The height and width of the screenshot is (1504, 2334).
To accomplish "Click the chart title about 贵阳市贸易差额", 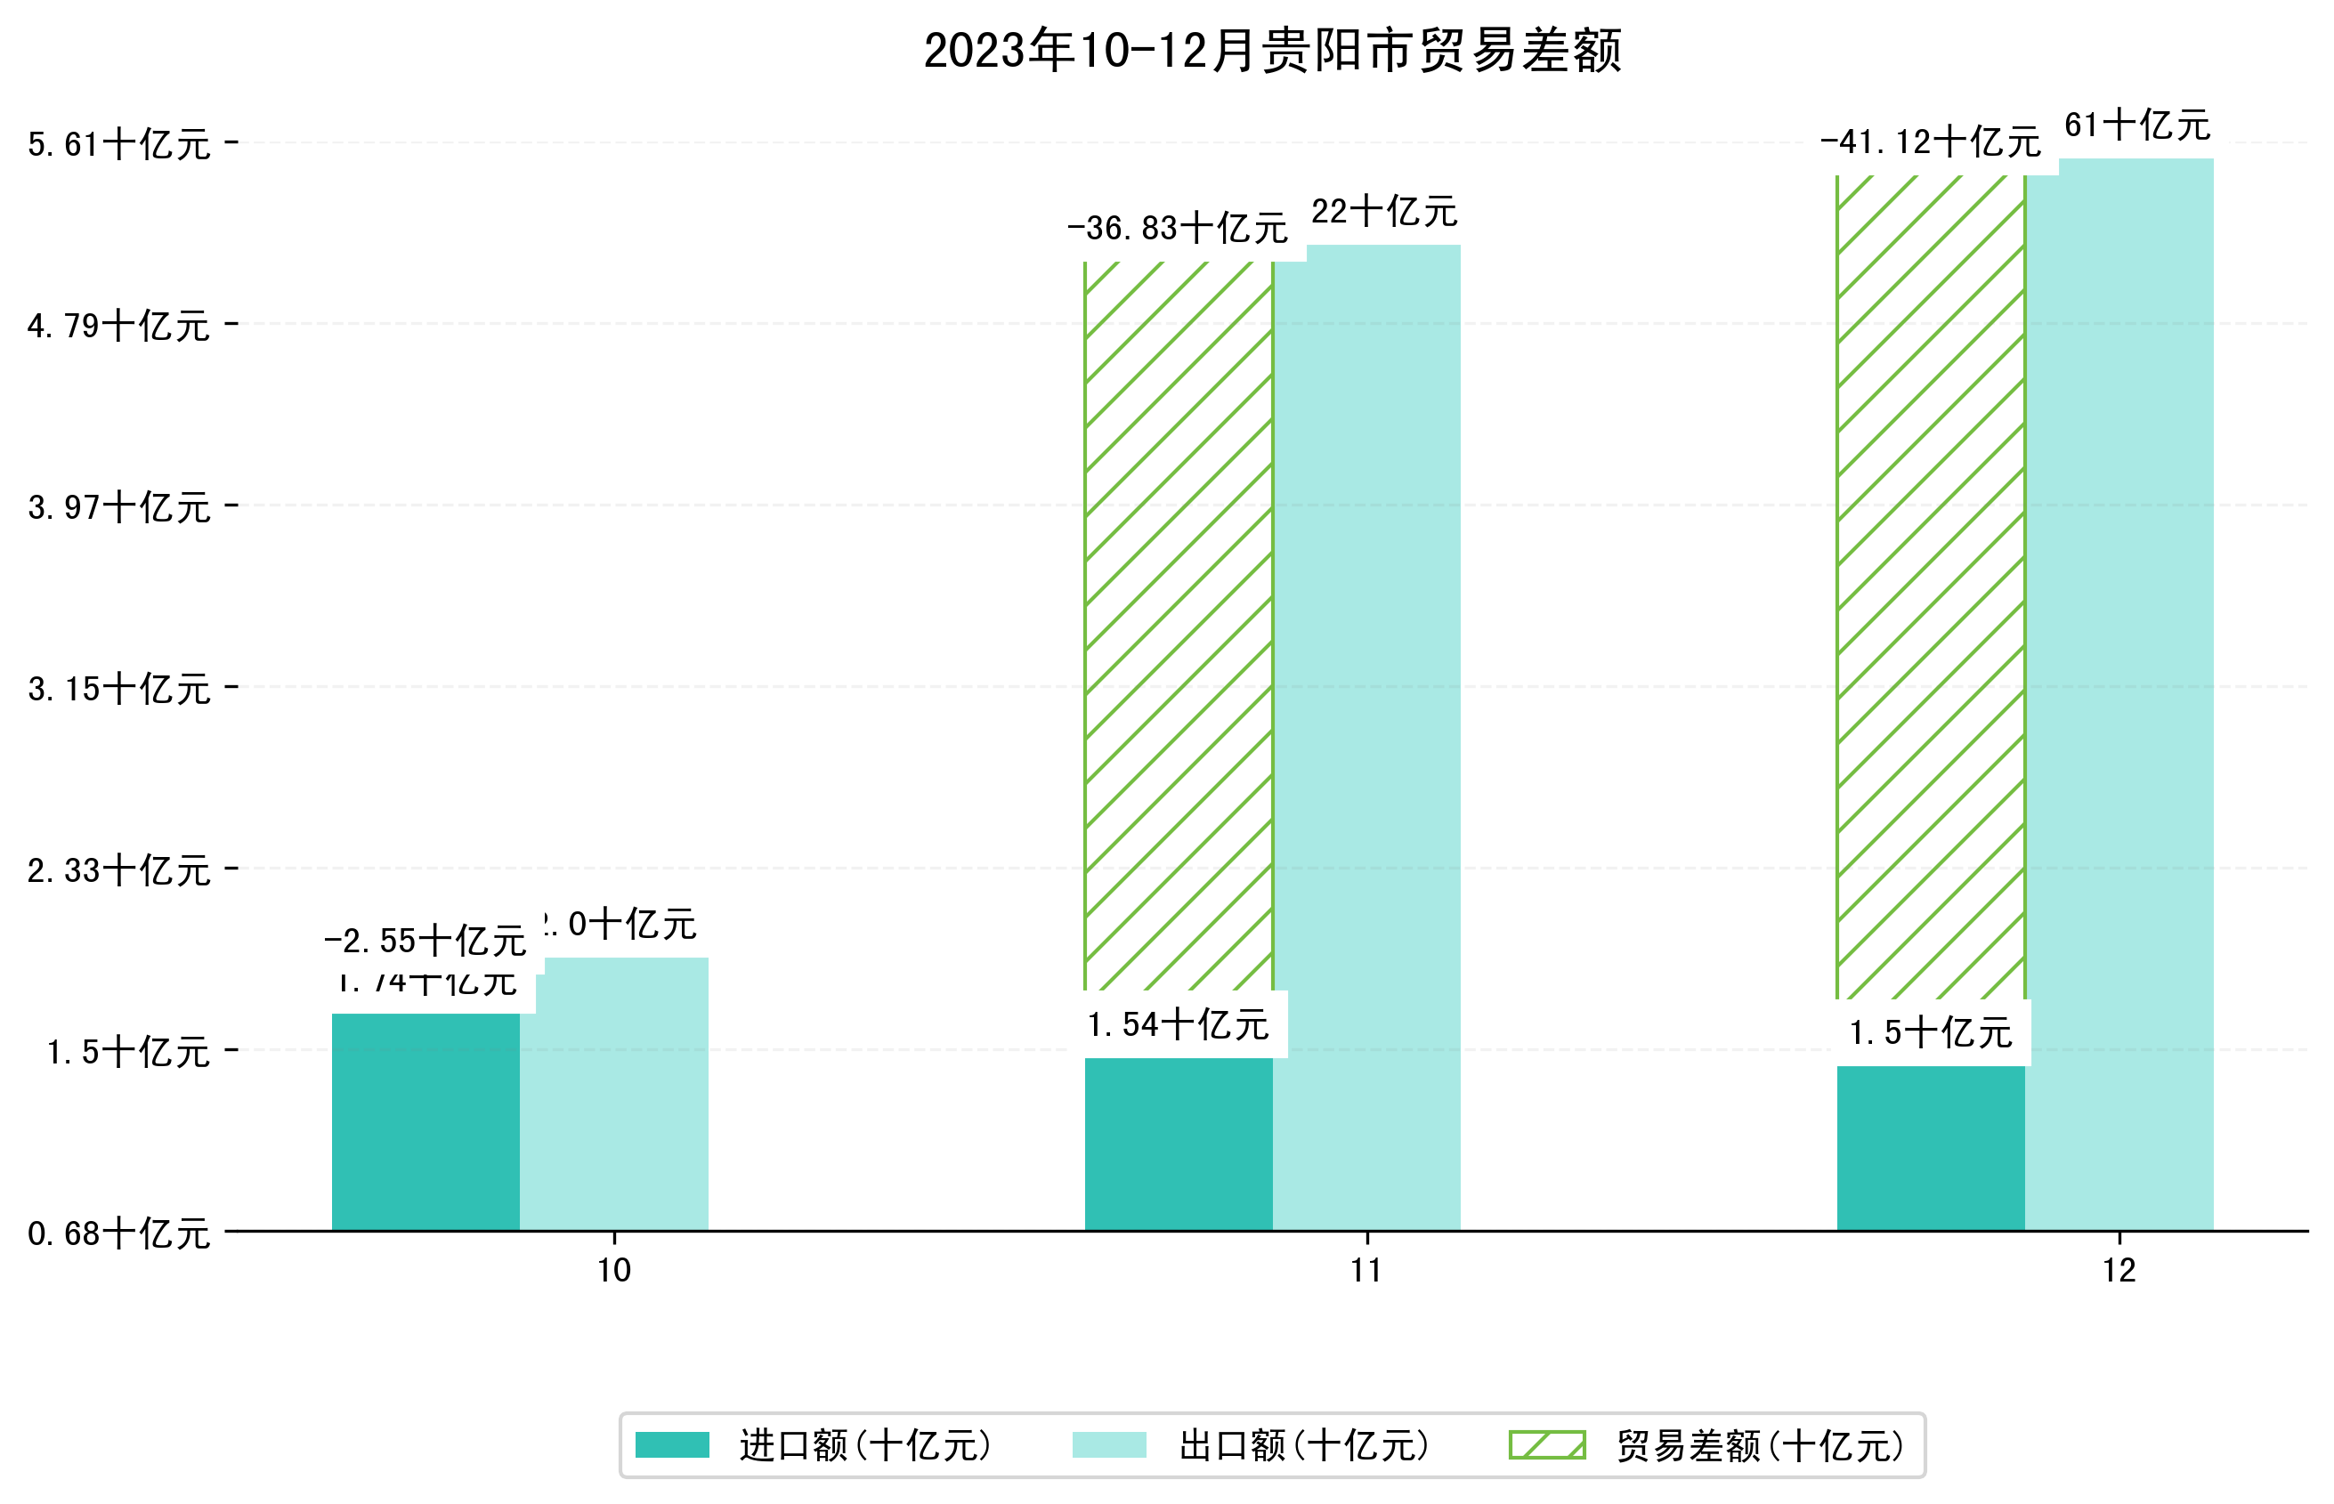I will tap(1271, 51).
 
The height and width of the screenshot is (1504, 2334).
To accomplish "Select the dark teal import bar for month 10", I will tap(425, 1123).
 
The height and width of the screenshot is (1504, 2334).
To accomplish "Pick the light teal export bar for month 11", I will tap(1367, 732).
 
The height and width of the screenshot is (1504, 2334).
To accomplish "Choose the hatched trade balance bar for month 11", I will tap(1178, 625).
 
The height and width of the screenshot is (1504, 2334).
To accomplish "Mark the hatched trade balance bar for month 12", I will tap(1930, 586).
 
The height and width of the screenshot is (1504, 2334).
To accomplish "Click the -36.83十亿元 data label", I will tap(1178, 229).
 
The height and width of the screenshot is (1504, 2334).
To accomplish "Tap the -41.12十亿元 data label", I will tap(1930, 142).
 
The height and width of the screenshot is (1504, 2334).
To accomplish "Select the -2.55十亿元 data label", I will tap(425, 942).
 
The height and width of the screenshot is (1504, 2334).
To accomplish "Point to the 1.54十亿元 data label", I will tap(1178, 1025).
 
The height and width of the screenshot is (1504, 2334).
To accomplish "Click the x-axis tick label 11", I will tap(1366, 1271).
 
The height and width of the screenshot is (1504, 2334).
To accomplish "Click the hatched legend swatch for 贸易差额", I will tap(1547, 1445).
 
